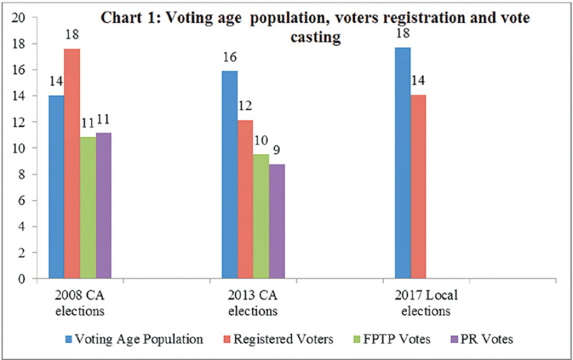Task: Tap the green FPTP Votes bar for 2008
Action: tap(88, 208)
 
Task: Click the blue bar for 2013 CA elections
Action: tap(229, 175)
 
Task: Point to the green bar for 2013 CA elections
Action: tap(261, 217)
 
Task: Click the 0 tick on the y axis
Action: tap(22, 278)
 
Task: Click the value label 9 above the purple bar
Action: tap(276, 150)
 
